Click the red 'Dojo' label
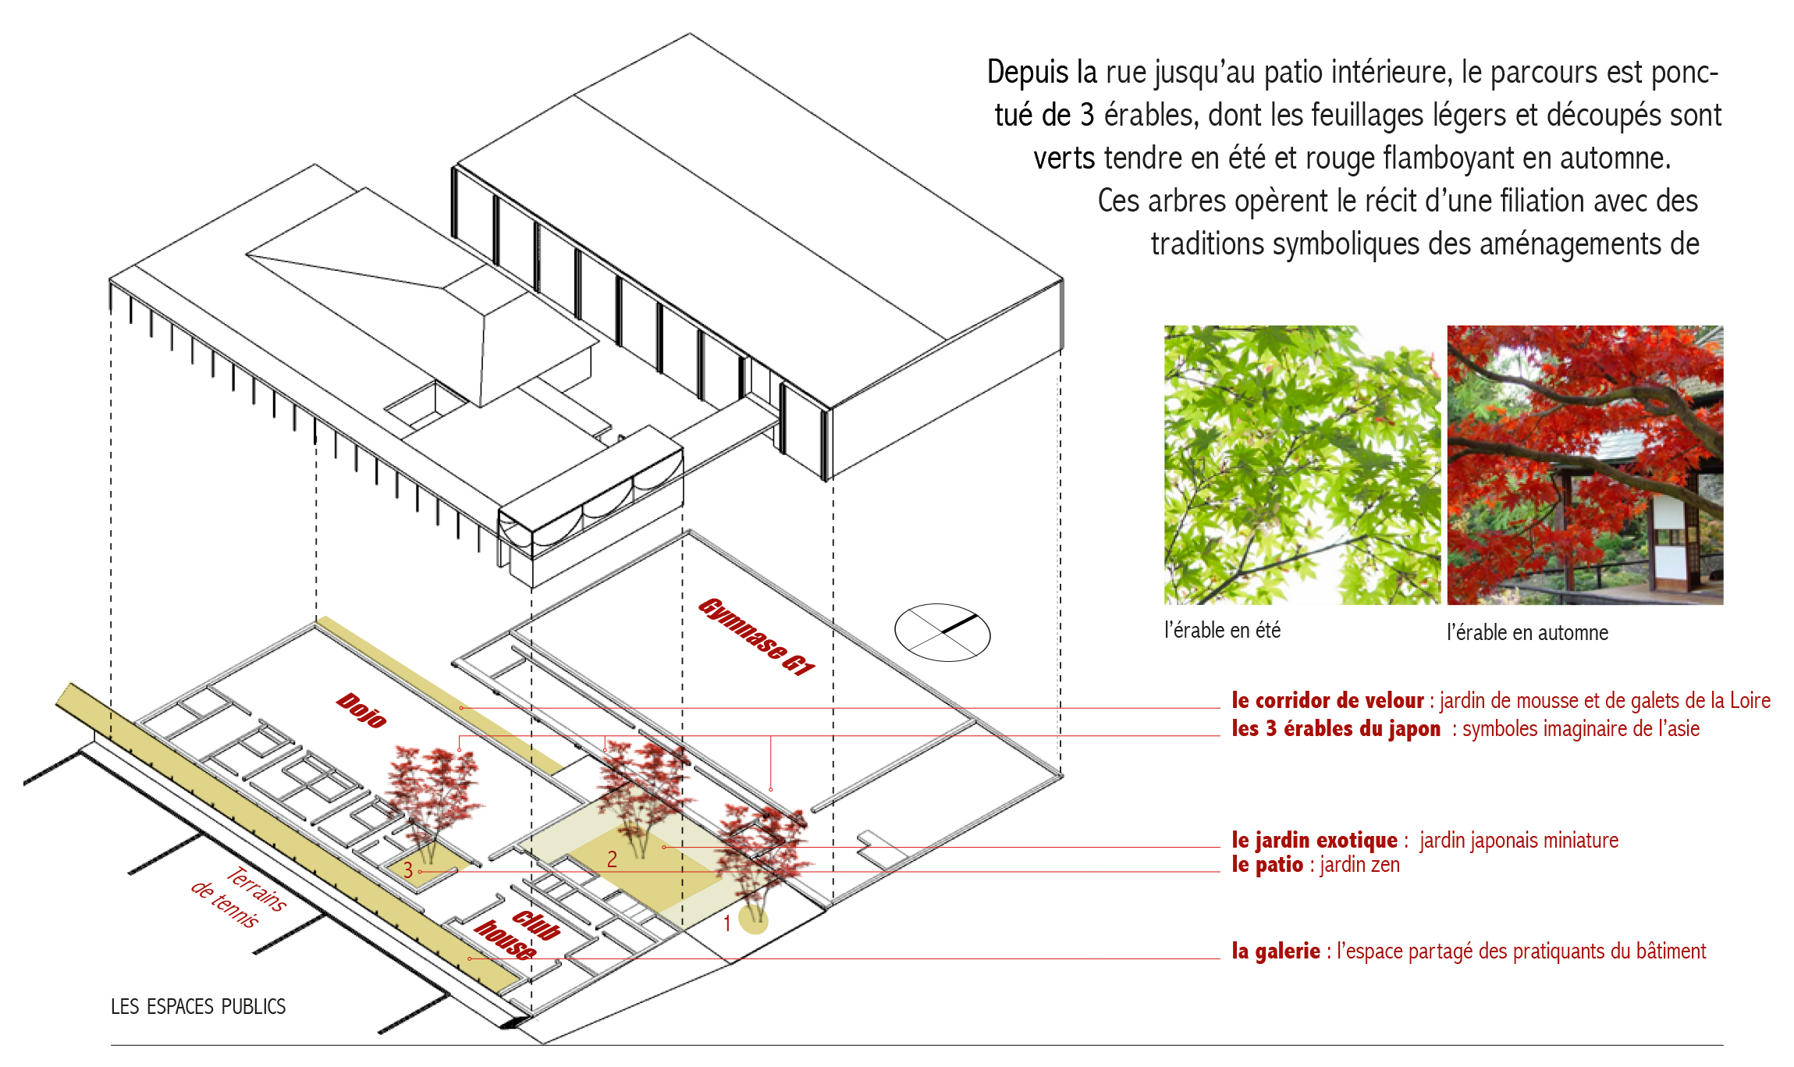[x=361, y=710]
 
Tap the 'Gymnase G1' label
[x=756, y=636]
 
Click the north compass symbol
[x=942, y=632]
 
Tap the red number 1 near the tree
[x=726, y=924]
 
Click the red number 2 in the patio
[x=612, y=859]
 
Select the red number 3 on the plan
[x=407, y=870]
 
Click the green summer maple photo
[x=1302, y=465]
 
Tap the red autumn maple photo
[x=1585, y=465]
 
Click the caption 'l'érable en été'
[x=1222, y=630]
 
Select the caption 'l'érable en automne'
[x=1527, y=632]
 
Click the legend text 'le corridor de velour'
[x=1327, y=700]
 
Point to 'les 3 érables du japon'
[x=1336, y=728]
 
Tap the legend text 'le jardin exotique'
[x=1314, y=840]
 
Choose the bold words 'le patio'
[x=1267, y=865]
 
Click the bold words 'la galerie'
[x=1276, y=951]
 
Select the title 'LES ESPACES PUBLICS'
[x=198, y=1007]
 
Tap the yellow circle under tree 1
[x=754, y=920]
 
